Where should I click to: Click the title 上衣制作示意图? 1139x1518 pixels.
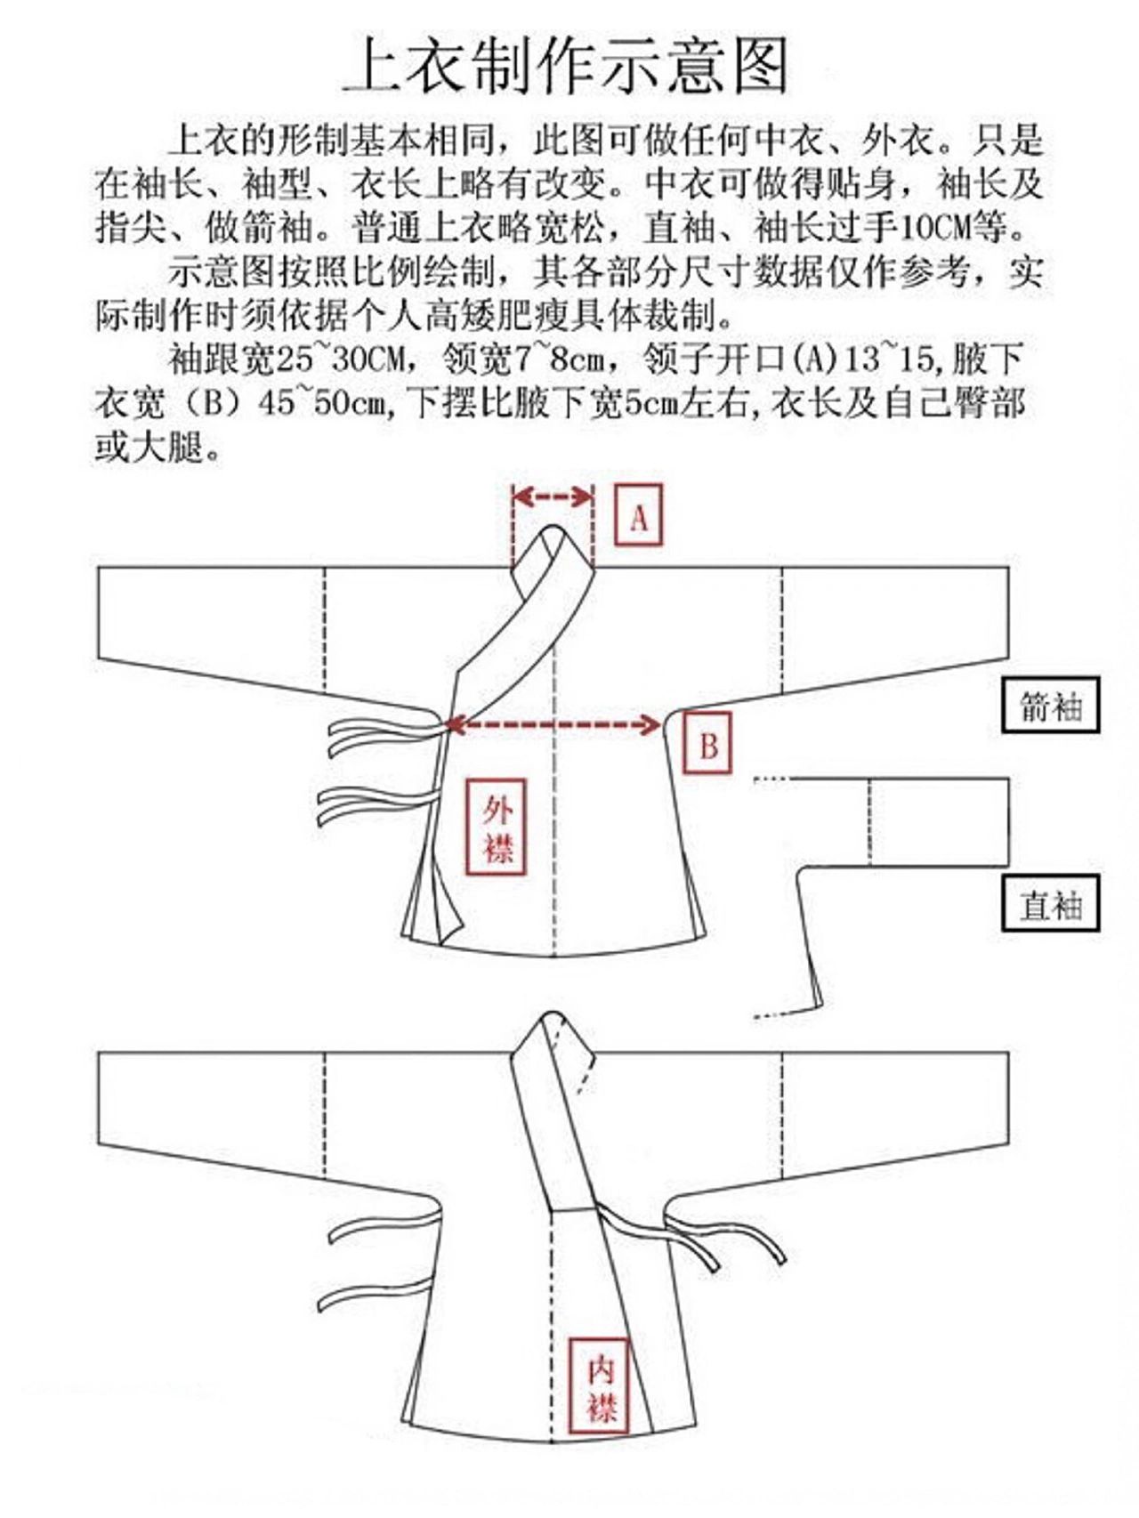[567, 65]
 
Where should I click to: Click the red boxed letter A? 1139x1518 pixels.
[638, 515]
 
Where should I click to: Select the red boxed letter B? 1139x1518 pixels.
[707, 743]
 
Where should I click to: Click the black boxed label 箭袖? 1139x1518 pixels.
[1050, 706]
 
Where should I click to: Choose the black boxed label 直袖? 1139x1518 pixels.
[1050, 904]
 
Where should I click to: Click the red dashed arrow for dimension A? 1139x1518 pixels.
[553, 497]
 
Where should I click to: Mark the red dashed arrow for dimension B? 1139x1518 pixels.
[553, 725]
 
